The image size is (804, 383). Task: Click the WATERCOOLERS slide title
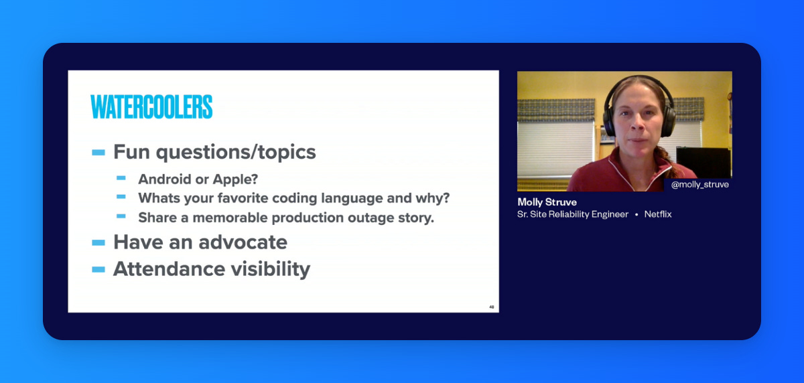pos(151,106)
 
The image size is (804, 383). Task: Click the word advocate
pos(243,242)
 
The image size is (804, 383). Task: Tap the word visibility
pos(271,269)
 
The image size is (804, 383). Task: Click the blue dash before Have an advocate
pos(98,243)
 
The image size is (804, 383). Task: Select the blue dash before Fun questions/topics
pos(98,153)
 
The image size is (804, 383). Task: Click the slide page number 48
pos(491,307)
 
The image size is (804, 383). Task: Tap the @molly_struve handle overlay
pos(699,185)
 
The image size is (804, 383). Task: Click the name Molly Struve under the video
pos(547,202)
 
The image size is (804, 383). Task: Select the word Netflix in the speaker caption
pos(658,214)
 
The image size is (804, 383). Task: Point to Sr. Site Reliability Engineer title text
pos(573,214)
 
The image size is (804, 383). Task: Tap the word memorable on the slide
pos(230,218)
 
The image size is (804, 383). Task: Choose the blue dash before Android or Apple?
pos(121,178)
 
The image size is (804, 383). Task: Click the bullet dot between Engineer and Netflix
pos(636,214)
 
